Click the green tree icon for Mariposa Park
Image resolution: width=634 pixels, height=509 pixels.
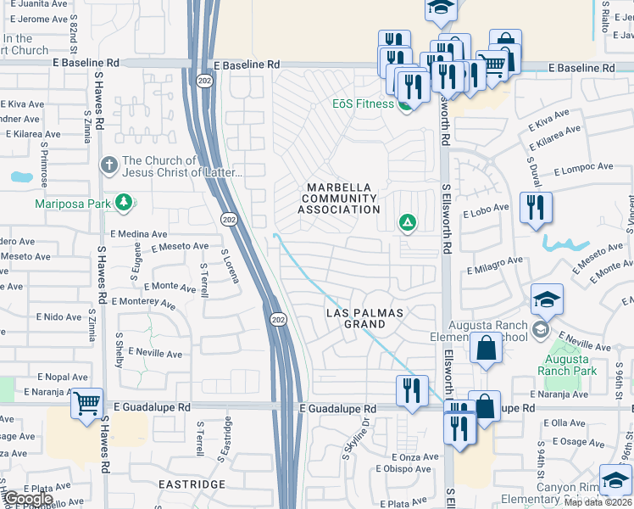tap(125, 203)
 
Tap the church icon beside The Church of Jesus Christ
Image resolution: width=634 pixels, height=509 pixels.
tap(108, 165)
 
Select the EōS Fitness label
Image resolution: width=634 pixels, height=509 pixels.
tap(362, 104)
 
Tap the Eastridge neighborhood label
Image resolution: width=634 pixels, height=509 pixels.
tap(192, 484)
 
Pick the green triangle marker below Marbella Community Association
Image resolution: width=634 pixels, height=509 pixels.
tap(408, 223)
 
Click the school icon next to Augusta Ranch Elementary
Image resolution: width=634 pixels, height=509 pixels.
tap(547, 299)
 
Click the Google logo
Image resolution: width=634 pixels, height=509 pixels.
tap(27, 500)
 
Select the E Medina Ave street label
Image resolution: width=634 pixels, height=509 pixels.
tap(138, 233)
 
